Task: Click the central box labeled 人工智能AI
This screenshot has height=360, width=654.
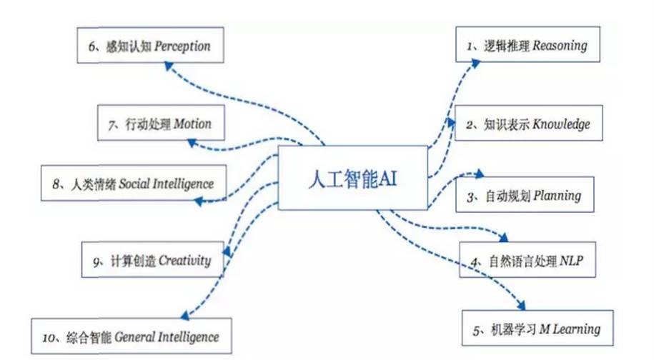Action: [350, 178]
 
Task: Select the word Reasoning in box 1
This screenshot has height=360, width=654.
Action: [560, 46]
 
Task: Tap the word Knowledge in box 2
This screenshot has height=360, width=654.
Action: [562, 124]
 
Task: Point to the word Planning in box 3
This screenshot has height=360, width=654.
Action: [558, 196]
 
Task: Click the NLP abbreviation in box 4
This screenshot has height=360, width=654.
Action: [572, 262]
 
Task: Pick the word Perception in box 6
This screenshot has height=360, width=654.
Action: [183, 46]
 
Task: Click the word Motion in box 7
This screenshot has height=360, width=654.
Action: [193, 124]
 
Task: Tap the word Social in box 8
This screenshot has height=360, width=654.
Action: [134, 184]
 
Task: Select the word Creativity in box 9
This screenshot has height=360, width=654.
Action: [184, 261]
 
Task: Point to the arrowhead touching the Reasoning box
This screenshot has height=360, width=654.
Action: [477, 62]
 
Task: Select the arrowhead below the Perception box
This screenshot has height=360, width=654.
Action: [167, 65]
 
